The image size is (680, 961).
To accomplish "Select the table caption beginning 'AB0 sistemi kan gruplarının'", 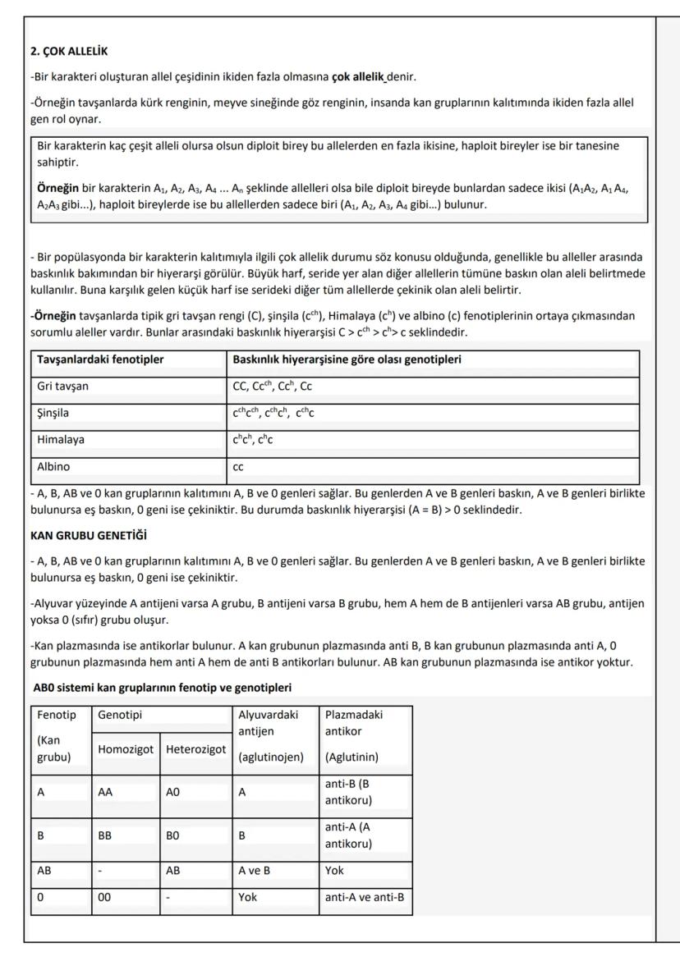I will coord(161,687).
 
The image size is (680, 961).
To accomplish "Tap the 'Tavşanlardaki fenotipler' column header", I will coord(100,359).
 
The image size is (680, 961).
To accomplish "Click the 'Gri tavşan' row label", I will coord(63,386).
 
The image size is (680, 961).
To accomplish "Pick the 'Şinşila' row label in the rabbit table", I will coord(55,413).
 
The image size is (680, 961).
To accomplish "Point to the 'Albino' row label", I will coord(53,466).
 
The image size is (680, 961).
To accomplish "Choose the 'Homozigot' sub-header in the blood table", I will coord(126,749).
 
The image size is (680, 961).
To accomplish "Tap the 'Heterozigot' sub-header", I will coord(195,749).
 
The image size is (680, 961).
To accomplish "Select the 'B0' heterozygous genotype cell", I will coord(173,835).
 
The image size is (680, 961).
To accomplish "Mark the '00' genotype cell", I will coord(104,897).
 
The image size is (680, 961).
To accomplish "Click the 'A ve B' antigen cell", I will coord(254,870).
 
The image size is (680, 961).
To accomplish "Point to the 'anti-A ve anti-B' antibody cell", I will coord(365,897).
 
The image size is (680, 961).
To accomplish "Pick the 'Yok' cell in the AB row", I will coord(335,870).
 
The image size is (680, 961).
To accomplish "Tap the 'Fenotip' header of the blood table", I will coord(56,715).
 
